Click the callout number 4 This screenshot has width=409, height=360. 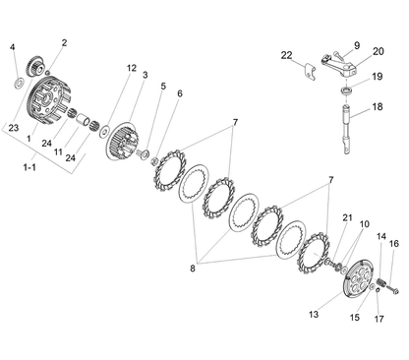point(13,47)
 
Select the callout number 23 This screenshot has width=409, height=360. point(14,128)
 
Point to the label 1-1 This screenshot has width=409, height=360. point(29,167)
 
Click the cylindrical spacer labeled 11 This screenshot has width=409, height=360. point(83,120)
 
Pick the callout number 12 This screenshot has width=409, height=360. point(132,68)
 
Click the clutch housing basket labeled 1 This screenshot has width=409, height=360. point(50,100)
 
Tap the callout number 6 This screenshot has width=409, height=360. point(180,93)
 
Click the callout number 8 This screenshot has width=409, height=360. point(193,269)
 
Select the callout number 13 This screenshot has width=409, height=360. point(314,314)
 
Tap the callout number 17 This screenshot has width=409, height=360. point(379,319)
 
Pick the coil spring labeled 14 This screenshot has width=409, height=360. point(381,282)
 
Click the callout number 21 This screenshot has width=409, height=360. point(347,217)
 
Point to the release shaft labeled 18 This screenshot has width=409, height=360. point(347,129)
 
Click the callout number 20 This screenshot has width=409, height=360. point(378,51)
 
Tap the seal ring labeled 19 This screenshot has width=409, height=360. point(346,90)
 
